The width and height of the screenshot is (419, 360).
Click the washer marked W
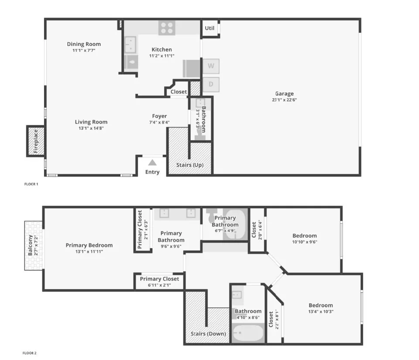click(x=211, y=66)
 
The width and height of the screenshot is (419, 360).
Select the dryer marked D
click(x=211, y=84)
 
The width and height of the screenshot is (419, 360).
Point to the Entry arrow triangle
click(x=152, y=162)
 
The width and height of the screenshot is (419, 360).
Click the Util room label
click(x=209, y=28)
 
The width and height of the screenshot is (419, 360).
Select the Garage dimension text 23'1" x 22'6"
click(x=284, y=100)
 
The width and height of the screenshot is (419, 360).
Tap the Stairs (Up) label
click(x=190, y=165)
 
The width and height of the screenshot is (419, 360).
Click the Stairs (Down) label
click(x=208, y=334)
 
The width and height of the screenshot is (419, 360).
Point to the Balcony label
click(x=30, y=246)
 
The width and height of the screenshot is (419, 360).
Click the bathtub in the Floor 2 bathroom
click(x=248, y=335)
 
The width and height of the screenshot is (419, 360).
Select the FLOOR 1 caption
click(x=31, y=184)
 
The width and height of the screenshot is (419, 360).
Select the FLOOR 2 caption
click(x=31, y=353)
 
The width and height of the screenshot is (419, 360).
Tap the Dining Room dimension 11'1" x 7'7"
click(x=84, y=50)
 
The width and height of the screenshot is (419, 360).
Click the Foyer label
click(x=159, y=116)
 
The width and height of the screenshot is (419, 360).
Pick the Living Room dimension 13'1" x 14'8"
click(x=91, y=128)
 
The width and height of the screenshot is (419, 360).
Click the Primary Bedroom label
click(x=89, y=245)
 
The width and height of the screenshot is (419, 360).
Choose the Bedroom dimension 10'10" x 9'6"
click(x=304, y=242)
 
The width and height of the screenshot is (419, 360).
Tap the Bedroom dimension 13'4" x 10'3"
click(x=320, y=312)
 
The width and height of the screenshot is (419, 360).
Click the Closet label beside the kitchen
click(x=179, y=92)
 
